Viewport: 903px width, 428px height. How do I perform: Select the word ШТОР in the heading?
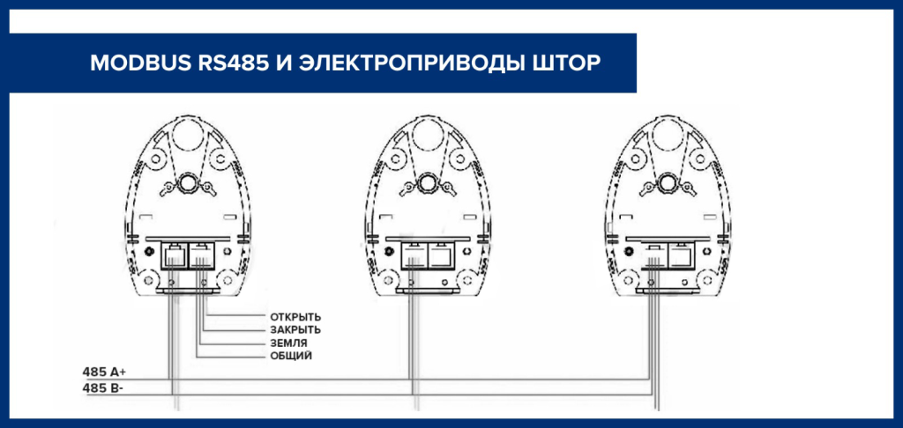(x=564, y=63)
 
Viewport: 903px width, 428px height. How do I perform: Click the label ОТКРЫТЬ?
(x=295, y=317)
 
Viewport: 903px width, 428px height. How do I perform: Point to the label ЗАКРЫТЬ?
(x=295, y=330)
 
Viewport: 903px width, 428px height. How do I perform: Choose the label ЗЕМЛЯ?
(x=288, y=343)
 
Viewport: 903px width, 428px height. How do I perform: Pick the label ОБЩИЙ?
(x=291, y=357)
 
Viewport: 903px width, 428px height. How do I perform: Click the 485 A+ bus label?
(x=104, y=372)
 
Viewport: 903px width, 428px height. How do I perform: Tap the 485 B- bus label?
(x=103, y=388)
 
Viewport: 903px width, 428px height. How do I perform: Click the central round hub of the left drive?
(x=187, y=182)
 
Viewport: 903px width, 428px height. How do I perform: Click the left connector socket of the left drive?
(x=174, y=255)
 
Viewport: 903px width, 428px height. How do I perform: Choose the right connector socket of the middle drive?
(x=442, y=255)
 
